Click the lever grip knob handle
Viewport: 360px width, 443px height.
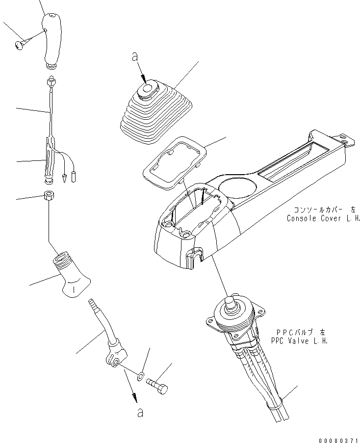click(x=51, y=39)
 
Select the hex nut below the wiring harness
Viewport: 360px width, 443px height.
click(x=49, y=195)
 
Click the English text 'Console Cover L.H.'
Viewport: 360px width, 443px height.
click(x=323, y=218)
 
